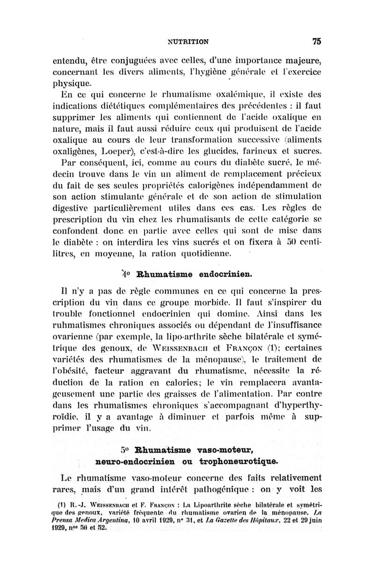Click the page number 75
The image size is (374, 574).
[x=316, y=41]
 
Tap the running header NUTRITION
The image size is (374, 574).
[x=188, y=42]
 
